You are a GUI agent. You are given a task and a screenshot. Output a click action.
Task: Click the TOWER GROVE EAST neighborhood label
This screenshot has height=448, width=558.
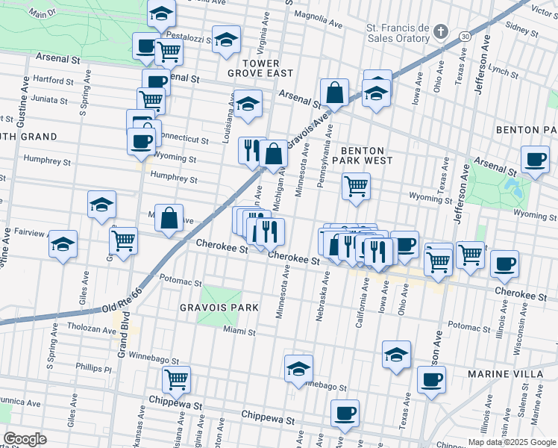260,67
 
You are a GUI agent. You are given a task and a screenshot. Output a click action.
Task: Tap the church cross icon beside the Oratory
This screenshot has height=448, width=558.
441,32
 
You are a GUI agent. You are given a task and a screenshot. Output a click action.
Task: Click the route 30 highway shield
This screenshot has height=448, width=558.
465,36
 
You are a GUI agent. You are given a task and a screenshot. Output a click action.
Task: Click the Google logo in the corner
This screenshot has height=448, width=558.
25,439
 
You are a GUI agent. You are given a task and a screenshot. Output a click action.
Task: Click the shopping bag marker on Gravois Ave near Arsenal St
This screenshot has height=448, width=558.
335,93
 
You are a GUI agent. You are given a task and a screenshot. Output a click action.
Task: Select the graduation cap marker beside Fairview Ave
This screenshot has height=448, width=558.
63,244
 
